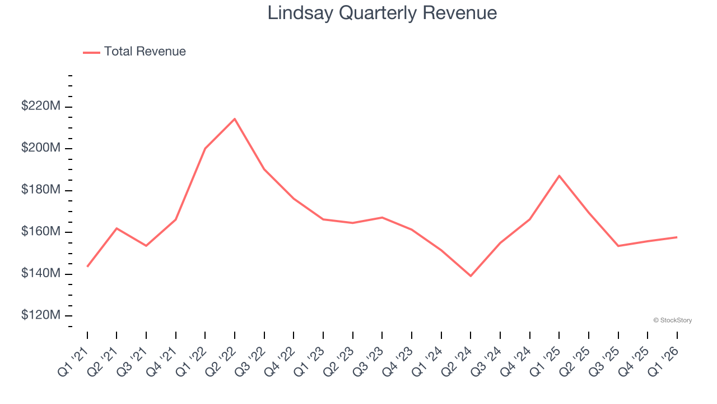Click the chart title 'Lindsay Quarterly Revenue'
pyautogui.click(x=382, y=13)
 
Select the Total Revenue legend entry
pyautogui.click(x=134, y=52)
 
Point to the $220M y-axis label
pyautogui.click(x=40, y=107)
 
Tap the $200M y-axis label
pyautogui.click(x=40, y=148)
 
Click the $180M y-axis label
pyautogui.click(x=40, y=190)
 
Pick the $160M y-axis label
pyautogui.click(x=40, y=232)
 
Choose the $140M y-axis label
pyautogui.click(x=40, y=274)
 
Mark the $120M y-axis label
pyautogui.click(x=40, y=315)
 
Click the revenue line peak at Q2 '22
pyautogui.click(x=235, y=119)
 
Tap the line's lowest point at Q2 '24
pyautogui.click(x=471, y=276)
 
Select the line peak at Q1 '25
pyautogui.click(x=559, y=176)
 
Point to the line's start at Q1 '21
pyautogui.click(x=87, y=267)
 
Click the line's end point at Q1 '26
pyautogui.click(x=677, y=237)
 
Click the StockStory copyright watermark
pyautogui.click(x=673, y=320)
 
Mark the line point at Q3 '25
pyautogui.click(x=618, y=246)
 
